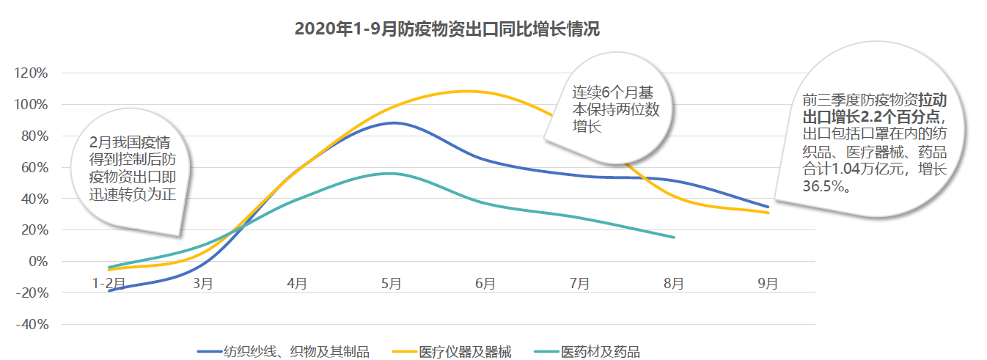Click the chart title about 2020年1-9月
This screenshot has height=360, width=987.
pos(447,29)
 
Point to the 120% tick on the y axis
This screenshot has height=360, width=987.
pos(32,73)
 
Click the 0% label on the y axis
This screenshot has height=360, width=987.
pos(37,262)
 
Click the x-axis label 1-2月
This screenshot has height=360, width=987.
pos(109,283)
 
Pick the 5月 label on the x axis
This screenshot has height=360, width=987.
pos(391,283)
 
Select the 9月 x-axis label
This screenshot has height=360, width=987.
pos(768,283)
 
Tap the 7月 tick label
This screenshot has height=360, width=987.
pos(579,283)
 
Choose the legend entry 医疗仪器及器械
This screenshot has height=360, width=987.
pos(464,352)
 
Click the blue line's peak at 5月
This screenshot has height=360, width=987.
pos(394,122)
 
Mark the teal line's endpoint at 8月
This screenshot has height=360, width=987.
pos(674,237)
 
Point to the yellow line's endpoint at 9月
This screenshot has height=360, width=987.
pos(768,213)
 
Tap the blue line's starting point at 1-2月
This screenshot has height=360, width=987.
pos(109,291)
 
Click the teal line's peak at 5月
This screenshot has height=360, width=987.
pos(391,173)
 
